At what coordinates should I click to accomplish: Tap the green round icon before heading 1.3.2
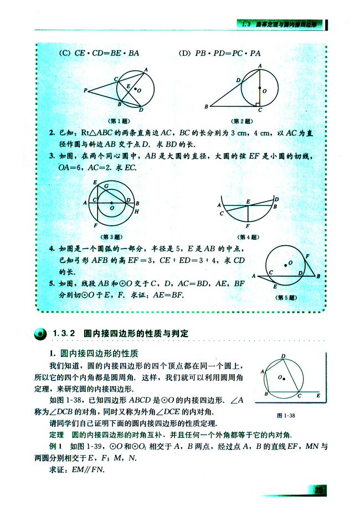tap(40, 333)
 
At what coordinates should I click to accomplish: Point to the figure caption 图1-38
tap(287, 415)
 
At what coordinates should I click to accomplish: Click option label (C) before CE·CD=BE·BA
tap(65, 53)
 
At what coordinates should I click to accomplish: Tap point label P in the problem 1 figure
tap(86, 90)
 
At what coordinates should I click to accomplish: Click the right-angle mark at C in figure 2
tap(258, 104)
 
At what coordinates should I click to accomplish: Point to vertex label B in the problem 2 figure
tap(206, 106)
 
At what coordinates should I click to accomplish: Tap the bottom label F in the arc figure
tap(248, 226)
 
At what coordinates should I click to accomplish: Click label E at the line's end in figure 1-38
tap(318, 396)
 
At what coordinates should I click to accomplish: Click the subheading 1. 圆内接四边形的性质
tap(94, 353)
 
